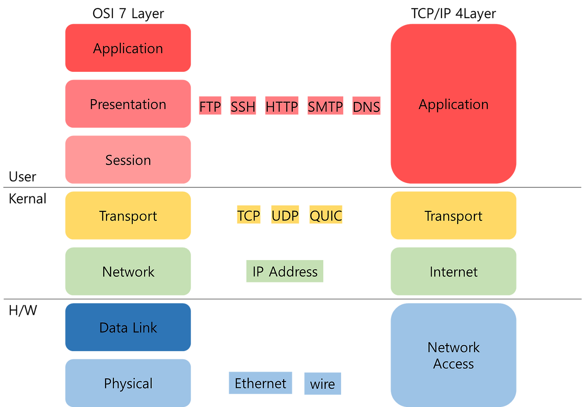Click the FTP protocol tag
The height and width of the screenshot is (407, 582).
pos(210,106)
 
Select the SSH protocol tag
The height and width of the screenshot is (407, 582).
pos(243,106)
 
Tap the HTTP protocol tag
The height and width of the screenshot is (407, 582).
pos(281,106)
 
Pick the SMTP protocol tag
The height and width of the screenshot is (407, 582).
pos(325,106)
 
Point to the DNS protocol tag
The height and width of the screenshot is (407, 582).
pos(366,106)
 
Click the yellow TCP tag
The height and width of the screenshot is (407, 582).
pos(249,215)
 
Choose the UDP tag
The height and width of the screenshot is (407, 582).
pos(285,215)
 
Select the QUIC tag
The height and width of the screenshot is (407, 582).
pos(326,215)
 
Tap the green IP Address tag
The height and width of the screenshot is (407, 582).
pos(285,271)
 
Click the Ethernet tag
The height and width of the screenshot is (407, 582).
pos(261,383)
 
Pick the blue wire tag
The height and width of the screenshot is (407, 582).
pos(323,384)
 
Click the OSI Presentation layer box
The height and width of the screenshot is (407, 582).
pos(128,104)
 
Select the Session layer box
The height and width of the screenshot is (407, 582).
pos(128,160)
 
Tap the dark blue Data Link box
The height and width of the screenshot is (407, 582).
pos(128,327)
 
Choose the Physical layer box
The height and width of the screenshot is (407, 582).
pos(128,383)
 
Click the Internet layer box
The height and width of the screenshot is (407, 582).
pos(453,271)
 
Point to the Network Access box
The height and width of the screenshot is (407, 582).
pos(453,355)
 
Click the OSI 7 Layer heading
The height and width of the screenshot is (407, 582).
pos(128,14)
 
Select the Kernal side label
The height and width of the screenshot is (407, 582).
pos(28,199)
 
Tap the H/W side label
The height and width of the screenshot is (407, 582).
pos(23,310)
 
